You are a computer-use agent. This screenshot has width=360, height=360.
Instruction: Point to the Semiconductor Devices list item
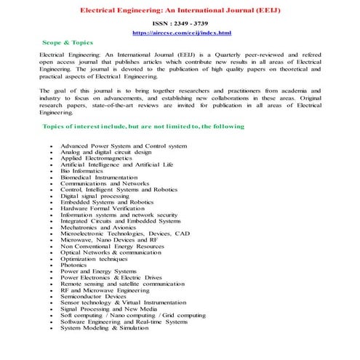(93, 296)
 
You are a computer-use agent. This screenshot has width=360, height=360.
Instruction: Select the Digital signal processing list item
(95, 196)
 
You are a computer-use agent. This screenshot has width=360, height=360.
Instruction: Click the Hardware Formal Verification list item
(103, 209)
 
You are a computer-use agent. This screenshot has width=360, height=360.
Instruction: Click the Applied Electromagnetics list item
(96, 159)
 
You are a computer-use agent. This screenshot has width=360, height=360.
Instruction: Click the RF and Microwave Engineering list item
(105, 289)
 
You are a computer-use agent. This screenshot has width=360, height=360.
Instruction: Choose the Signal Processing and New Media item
(109, 308)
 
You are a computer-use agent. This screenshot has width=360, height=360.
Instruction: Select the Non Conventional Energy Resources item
(112, 246)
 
